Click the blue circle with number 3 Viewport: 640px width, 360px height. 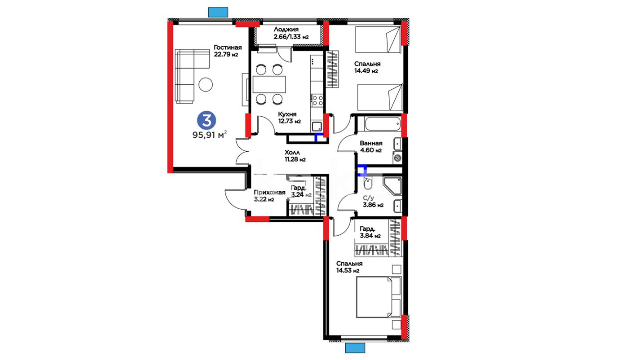(x=207, y=120)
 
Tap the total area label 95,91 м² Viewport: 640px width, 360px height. (x=210, y=135)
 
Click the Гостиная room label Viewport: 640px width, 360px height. (x=228, y=47)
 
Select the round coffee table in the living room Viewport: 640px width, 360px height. (x=206, y=84)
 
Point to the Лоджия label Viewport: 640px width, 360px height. (x=286, y=29)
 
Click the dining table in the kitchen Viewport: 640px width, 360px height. (x=269, y=84)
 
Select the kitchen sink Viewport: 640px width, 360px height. (x=317, y=127)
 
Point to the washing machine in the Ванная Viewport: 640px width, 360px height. (x=397, y=158)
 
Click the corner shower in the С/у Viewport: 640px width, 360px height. (x=393, y=186)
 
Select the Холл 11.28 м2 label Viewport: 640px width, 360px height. (x=295, y=156)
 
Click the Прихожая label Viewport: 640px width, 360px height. (x=270, y=192)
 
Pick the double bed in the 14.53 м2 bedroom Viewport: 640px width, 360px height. (x=379, y=297)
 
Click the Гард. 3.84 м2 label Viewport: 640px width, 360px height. (x=370, y=232)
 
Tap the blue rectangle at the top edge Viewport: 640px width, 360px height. (x=218, y=12)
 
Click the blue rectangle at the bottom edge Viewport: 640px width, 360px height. (x=355, y=348)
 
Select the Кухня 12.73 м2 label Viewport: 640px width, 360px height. (x=289, y=118)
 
